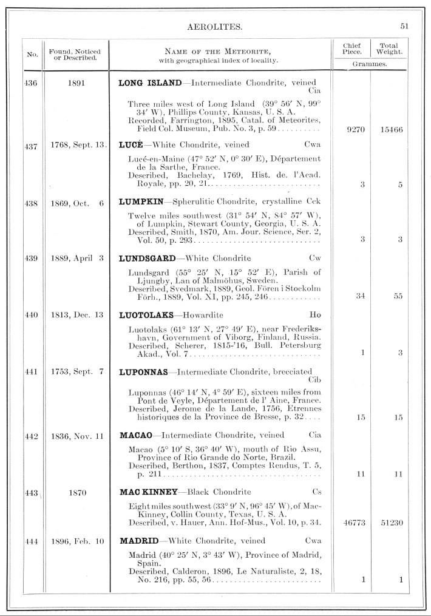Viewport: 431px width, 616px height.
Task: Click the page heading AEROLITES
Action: pyautogui.click(x=216, y=27)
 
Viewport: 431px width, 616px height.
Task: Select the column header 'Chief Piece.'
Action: pyautogui.click(x=351, y=49)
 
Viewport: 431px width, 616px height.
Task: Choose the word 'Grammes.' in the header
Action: pyautogui.click(x=370, y=63)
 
